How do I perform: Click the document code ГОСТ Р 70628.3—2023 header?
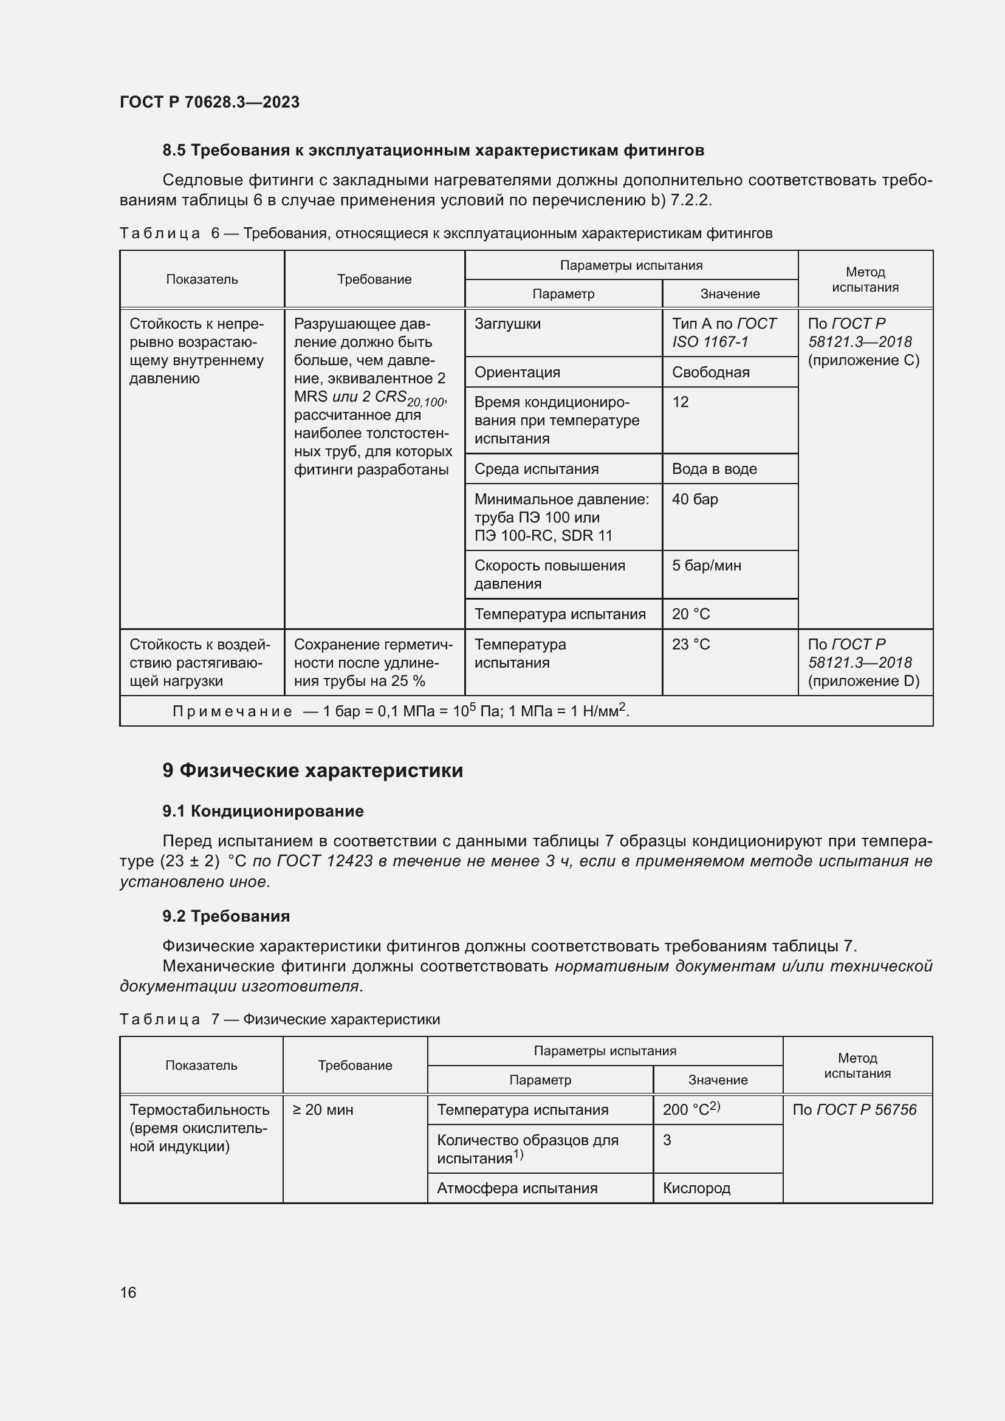coord(209,102)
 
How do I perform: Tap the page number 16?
coord(128,1292)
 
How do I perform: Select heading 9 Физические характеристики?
coord(312,770)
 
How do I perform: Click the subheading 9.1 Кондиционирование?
coord(263,811)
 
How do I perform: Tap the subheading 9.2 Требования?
coord(226,916)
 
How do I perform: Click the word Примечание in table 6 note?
coord(232,712)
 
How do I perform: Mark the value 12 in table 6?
coord(680,402)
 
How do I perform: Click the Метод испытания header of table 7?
coord(857,1065)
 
